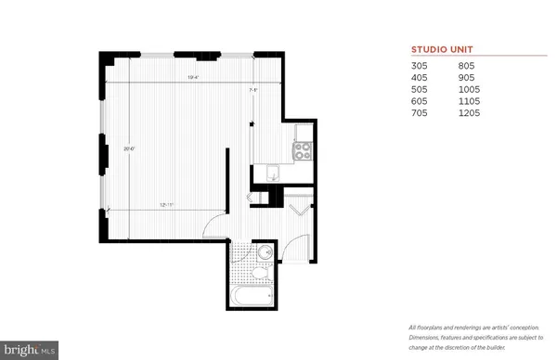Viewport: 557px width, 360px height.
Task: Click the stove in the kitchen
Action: coord(302,148)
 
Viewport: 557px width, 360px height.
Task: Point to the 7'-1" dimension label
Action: coord(253,90)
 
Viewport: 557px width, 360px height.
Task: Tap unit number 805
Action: coord(468,67)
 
